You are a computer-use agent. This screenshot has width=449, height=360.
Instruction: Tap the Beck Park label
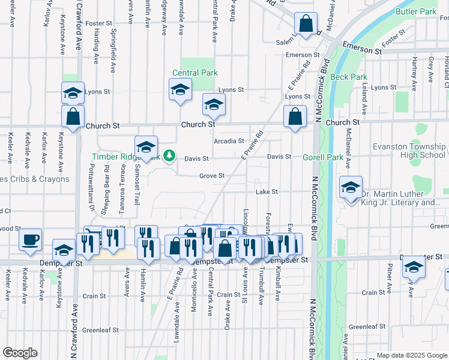pyautogui.click(x=348, y=77)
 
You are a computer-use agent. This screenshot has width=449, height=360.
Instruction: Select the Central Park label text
pyautogui.click(x=194, y=73)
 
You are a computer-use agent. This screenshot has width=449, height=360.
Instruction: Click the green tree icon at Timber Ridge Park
pyautogui.click(x=169, y=157)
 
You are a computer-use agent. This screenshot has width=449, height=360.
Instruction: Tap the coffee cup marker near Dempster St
pyautogui.click(x=31, y=240)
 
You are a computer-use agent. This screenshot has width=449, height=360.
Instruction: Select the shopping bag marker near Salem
pyautogui.click(x=306, y=25)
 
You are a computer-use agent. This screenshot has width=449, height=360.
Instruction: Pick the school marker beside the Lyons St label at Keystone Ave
pyautogui.click(x=73, y=94)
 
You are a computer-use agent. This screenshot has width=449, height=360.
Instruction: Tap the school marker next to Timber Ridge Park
pyautogui.click(x=146, y=147)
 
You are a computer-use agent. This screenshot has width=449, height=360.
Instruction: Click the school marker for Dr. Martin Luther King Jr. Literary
pyautogui.click(x=351, y=187)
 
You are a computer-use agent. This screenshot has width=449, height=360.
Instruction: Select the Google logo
pyautogui.click(x=20, y=353)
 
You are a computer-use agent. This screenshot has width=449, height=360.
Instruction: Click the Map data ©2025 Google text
pyautogui.click(x=412, y=355)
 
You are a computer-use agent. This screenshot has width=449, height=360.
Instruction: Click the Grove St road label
pyautogui.click(x=212, y=176)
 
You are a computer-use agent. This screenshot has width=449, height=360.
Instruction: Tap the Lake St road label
pyautogui.click(x=267, y=192)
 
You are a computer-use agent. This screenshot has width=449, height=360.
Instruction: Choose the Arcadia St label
pyautogui.click(x=229, y=141)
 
